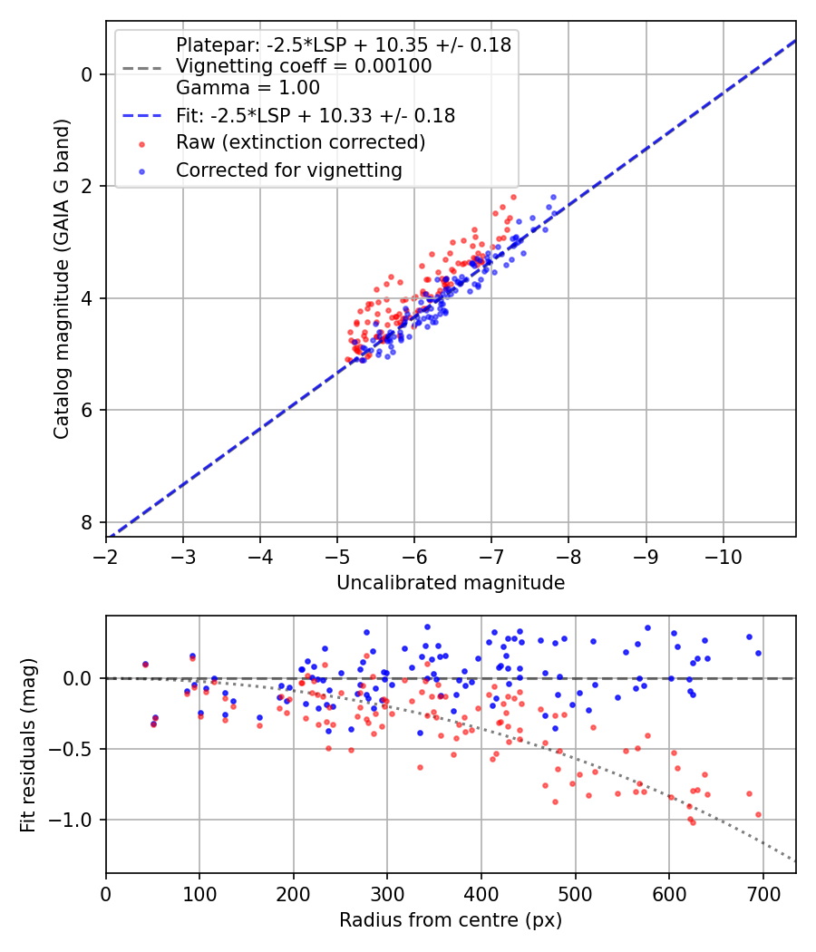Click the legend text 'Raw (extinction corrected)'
pyautogui.click(x=300, y=142)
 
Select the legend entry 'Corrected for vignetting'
pyautogui.click(x=289, y=170)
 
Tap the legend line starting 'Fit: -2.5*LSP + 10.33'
pyautogui.click(x=316, y=116)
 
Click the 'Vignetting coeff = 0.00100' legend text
pyautogui.click(x=304, y=66)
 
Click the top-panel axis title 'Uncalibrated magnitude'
pyautogui.click(x=451, y=583)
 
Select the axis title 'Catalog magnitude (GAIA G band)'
pyautogui.click(x=61, y=296)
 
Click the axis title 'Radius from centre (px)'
pyautogui.click(x=451, y=920)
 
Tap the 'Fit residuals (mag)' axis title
pyautogui.click(x=28, y=744)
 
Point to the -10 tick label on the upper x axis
pyautogui.click(x=723, y=554)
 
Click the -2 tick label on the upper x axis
pyautogui.click(x=106, y=554)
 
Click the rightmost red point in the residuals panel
pyautogui.click(x=758, y=814)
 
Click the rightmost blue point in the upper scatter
pyautogui.click(x=553, y=197)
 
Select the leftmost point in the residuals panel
pyautogui.click(x=145, y=665)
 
